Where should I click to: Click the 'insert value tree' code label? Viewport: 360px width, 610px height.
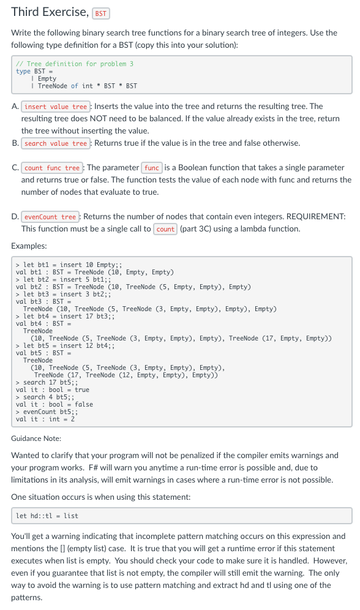(56, 107)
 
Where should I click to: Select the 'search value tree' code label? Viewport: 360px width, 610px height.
(56, 143)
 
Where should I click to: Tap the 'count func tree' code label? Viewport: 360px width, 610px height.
(52, 168)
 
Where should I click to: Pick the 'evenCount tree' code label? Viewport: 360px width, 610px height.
(51, 217)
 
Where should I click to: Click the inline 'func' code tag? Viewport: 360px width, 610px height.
(152, 168)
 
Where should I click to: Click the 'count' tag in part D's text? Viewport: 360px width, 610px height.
(165, 229)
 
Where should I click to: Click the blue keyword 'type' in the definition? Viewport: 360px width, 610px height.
(23, 71)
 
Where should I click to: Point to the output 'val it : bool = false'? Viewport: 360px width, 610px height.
(54, 405)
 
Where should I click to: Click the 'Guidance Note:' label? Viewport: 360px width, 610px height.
(36, 439)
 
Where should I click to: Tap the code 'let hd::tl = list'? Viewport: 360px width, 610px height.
(47, 516)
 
